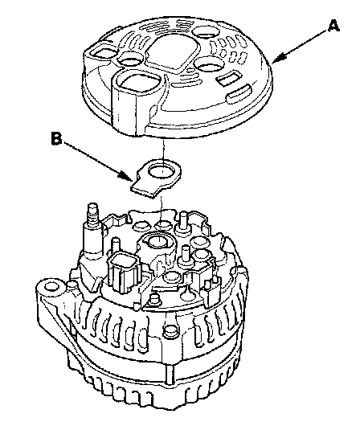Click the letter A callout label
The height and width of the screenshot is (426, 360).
[333, 27]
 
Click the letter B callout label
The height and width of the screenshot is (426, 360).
[56, 138]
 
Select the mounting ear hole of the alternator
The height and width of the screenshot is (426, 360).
[51, 287]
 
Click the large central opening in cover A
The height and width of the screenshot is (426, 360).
[172, 52]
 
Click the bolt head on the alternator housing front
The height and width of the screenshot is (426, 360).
[170, 330]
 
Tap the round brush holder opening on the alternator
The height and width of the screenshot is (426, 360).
[157, 240]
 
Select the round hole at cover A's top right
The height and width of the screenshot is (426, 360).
[207, 32]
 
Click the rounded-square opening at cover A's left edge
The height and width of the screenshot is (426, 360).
[103, 52]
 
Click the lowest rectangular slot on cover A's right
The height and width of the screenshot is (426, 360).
[239, 93]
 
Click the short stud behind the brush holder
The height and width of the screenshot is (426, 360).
[183, 220]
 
